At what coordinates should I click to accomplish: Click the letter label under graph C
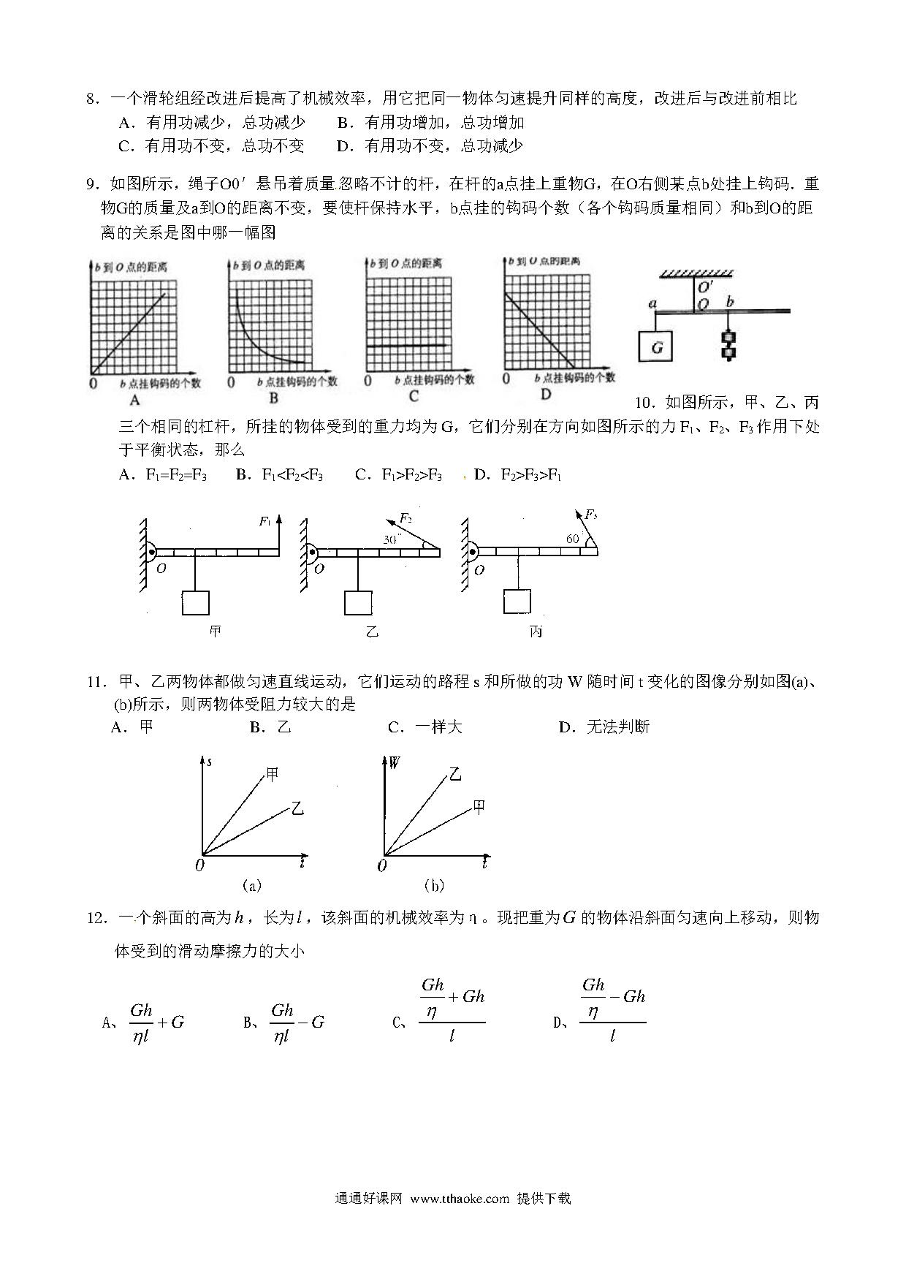click(414, 396)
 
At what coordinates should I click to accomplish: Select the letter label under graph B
click(274, 398)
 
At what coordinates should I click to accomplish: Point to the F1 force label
click(265, 521)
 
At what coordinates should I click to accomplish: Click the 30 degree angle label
click(391, 539)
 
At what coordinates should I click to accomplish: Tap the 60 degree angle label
click(572, 539)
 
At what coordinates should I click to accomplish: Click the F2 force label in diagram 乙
click(406, 518)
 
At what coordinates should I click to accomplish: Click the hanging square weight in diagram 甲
click(196, 602)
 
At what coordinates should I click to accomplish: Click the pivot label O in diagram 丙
click(479, 570)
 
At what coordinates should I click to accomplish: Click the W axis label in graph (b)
click(394, 763)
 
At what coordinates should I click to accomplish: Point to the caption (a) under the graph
click(251, 885)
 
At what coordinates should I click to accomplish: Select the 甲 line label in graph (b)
click(479, 806)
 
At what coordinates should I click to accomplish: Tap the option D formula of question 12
click(612, 1009)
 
